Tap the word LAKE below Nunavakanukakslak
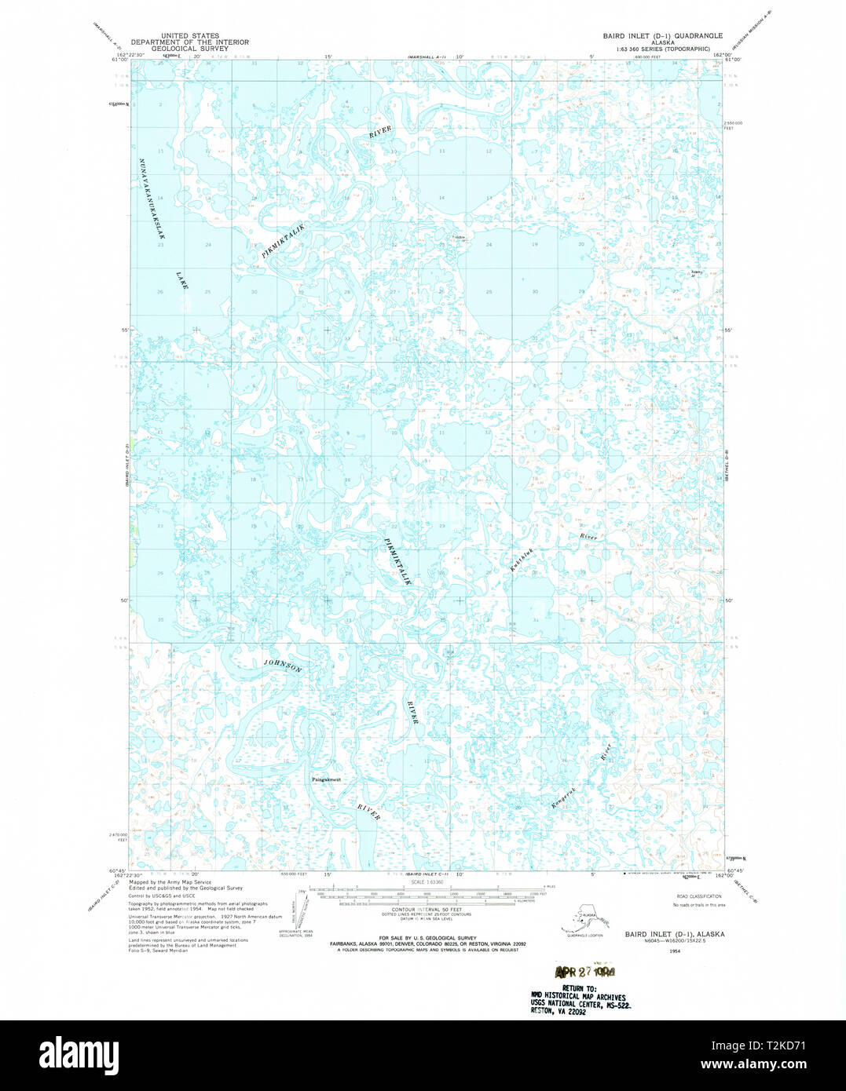coord(182,280)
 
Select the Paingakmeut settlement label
coord(326,779)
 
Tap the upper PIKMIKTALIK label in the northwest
coord(282,241)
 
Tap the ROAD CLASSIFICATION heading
coord(698,896)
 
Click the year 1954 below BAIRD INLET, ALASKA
coord(674,951)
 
